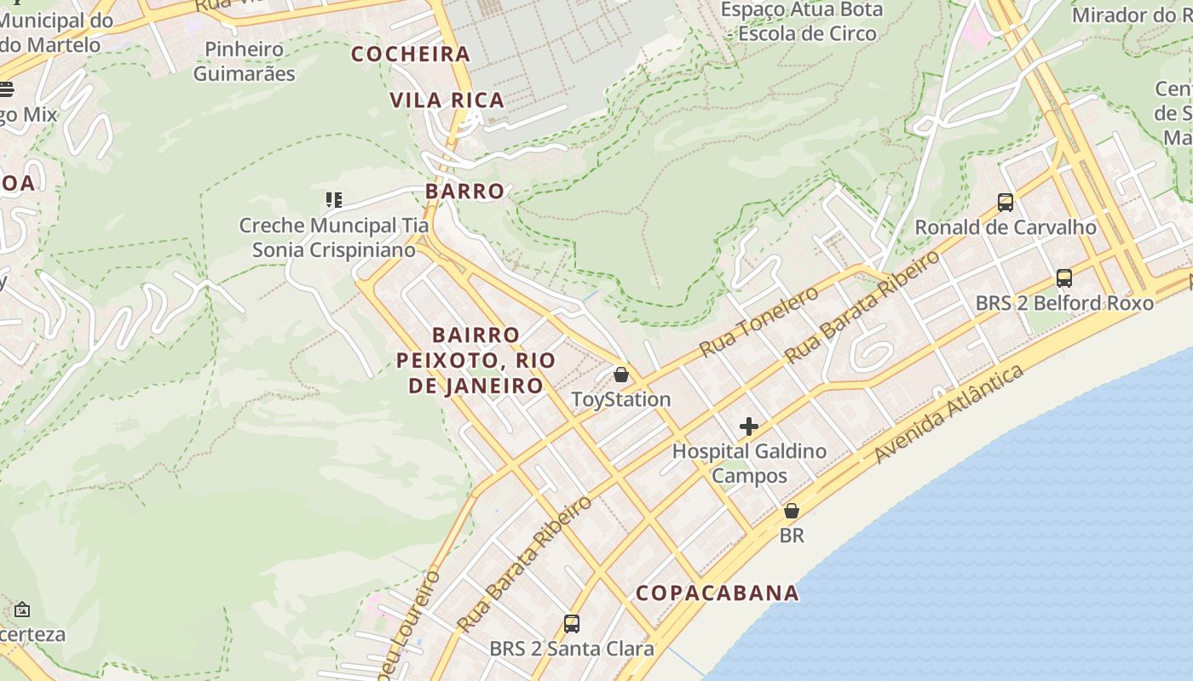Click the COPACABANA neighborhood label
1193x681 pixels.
tap(718, 592)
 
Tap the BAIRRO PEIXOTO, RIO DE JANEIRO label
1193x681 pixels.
tap(475, 360)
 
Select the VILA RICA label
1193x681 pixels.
tap(447, 100)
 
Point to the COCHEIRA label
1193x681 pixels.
tap(411, 54)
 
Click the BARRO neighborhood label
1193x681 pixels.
tap(465, 191)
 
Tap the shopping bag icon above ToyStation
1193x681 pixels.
tap(621, 375)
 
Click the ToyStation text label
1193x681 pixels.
tap(621, 399)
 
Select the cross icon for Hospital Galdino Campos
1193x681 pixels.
tap(749, 426)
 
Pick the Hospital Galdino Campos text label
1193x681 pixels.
tap(749, 463)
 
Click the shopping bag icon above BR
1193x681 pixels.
tap(792, 511)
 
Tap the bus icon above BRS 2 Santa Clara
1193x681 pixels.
tap(572, 624)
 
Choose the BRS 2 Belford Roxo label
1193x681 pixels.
tap(1064, 303)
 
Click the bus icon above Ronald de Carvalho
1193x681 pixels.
tap(1006, 203)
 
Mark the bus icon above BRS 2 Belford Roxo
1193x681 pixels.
tap(1064, 278)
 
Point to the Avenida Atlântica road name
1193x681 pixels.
tap(948, 415)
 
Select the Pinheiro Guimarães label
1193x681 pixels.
tap(245, 61)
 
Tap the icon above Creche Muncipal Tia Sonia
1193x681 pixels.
tap(334, 201)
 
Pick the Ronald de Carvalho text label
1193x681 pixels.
tap(1006, 227)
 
